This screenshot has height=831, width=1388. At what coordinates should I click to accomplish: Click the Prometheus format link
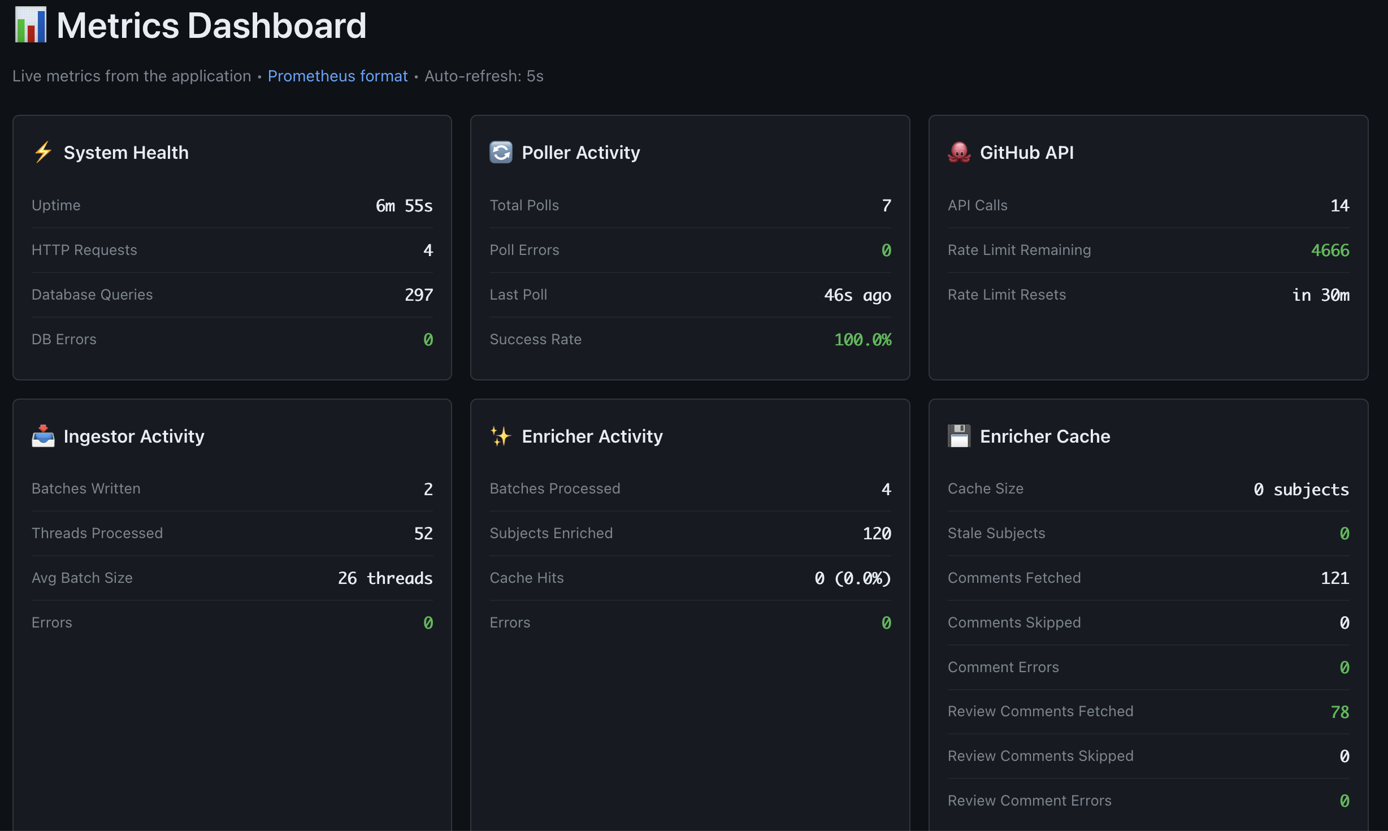point(337,76)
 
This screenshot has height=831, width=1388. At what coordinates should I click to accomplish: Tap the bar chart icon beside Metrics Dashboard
point(31,25)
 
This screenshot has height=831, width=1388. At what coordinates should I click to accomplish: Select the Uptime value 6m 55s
point(404,206)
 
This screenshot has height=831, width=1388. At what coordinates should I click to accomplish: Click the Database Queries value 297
point(418,295)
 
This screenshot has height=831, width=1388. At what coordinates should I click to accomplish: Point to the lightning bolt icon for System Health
point(43,152)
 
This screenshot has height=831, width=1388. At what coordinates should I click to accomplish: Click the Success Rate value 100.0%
point(862,340)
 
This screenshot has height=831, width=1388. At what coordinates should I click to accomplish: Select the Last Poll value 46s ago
point(857,295)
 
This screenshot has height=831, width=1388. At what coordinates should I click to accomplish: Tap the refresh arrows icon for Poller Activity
point(501,152)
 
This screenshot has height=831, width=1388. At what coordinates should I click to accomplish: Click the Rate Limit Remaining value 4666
point(1330,250)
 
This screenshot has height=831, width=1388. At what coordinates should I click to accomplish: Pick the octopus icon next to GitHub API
point(959,152)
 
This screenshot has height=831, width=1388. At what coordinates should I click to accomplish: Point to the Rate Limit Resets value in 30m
point(1320,295)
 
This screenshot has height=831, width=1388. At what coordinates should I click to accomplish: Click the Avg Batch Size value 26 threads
point(385,578)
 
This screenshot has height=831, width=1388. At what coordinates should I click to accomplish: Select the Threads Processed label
point(97,533)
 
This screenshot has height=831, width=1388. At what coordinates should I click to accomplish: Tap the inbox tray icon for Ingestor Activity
point(43,436)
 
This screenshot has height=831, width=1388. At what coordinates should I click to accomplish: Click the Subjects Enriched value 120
point(877,534)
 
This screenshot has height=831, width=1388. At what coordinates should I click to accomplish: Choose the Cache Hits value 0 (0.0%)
point(852,578)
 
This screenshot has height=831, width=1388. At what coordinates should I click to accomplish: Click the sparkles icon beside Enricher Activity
point(501,436)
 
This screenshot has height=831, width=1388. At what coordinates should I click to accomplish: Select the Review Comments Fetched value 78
point(1339,712)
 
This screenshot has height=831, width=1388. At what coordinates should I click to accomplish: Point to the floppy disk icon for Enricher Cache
point(959,436)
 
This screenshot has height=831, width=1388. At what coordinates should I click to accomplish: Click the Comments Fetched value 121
point(1334,578)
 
